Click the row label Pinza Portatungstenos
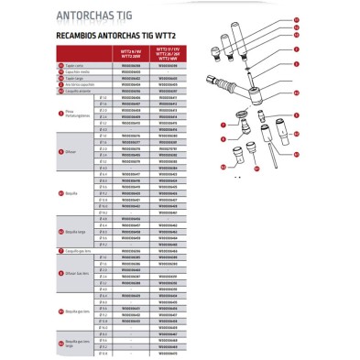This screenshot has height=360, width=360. click(x=73, y=111)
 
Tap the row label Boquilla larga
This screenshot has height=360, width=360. click(x=72, y=233)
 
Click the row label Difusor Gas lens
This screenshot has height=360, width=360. click(x=73, y=271)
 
